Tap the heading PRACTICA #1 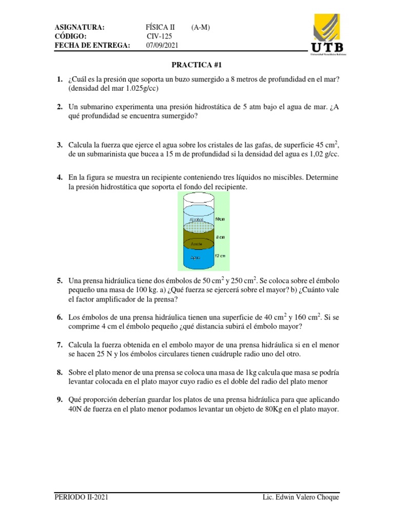coord(196,65)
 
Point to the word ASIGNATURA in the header coord(80,27)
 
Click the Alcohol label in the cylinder coord(196,219)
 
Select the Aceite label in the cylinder coord(196,244)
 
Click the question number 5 coord(60,281)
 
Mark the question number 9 coord(60,399)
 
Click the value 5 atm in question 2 coord(268,107)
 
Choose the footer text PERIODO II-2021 coord(81,497)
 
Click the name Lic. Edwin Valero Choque coord(300,497)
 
